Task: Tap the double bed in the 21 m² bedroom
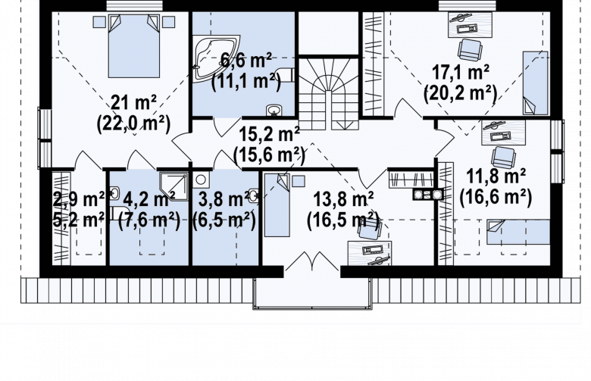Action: [x=134, y=45]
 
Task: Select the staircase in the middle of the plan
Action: [x=328, y=93]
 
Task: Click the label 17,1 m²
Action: [x=461, y=72]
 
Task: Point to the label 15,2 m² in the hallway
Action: [x=270, y=134]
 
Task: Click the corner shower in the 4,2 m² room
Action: [x=174, y=186]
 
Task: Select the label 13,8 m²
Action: [x=343, y=199]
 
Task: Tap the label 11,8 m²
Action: [x=496, y=176]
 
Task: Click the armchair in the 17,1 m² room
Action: [x=470, y=49]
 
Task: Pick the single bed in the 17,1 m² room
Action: [x=535, y=83]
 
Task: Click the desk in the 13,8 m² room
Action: [x=370, y=253]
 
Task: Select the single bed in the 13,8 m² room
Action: [x=277, y=205]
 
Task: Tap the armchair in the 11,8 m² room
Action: [x=504, y=157]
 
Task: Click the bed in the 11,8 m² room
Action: [x=518, y=232]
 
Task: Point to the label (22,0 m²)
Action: [x=134, y=123]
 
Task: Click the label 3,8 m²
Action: [x=224, y=200]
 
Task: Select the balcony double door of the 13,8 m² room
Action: [x=311, y=261]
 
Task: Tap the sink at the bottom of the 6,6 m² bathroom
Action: [x=274, y=110]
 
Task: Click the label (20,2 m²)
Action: [x=460, y=92]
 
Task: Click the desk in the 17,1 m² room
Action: [x=470, y=24]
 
